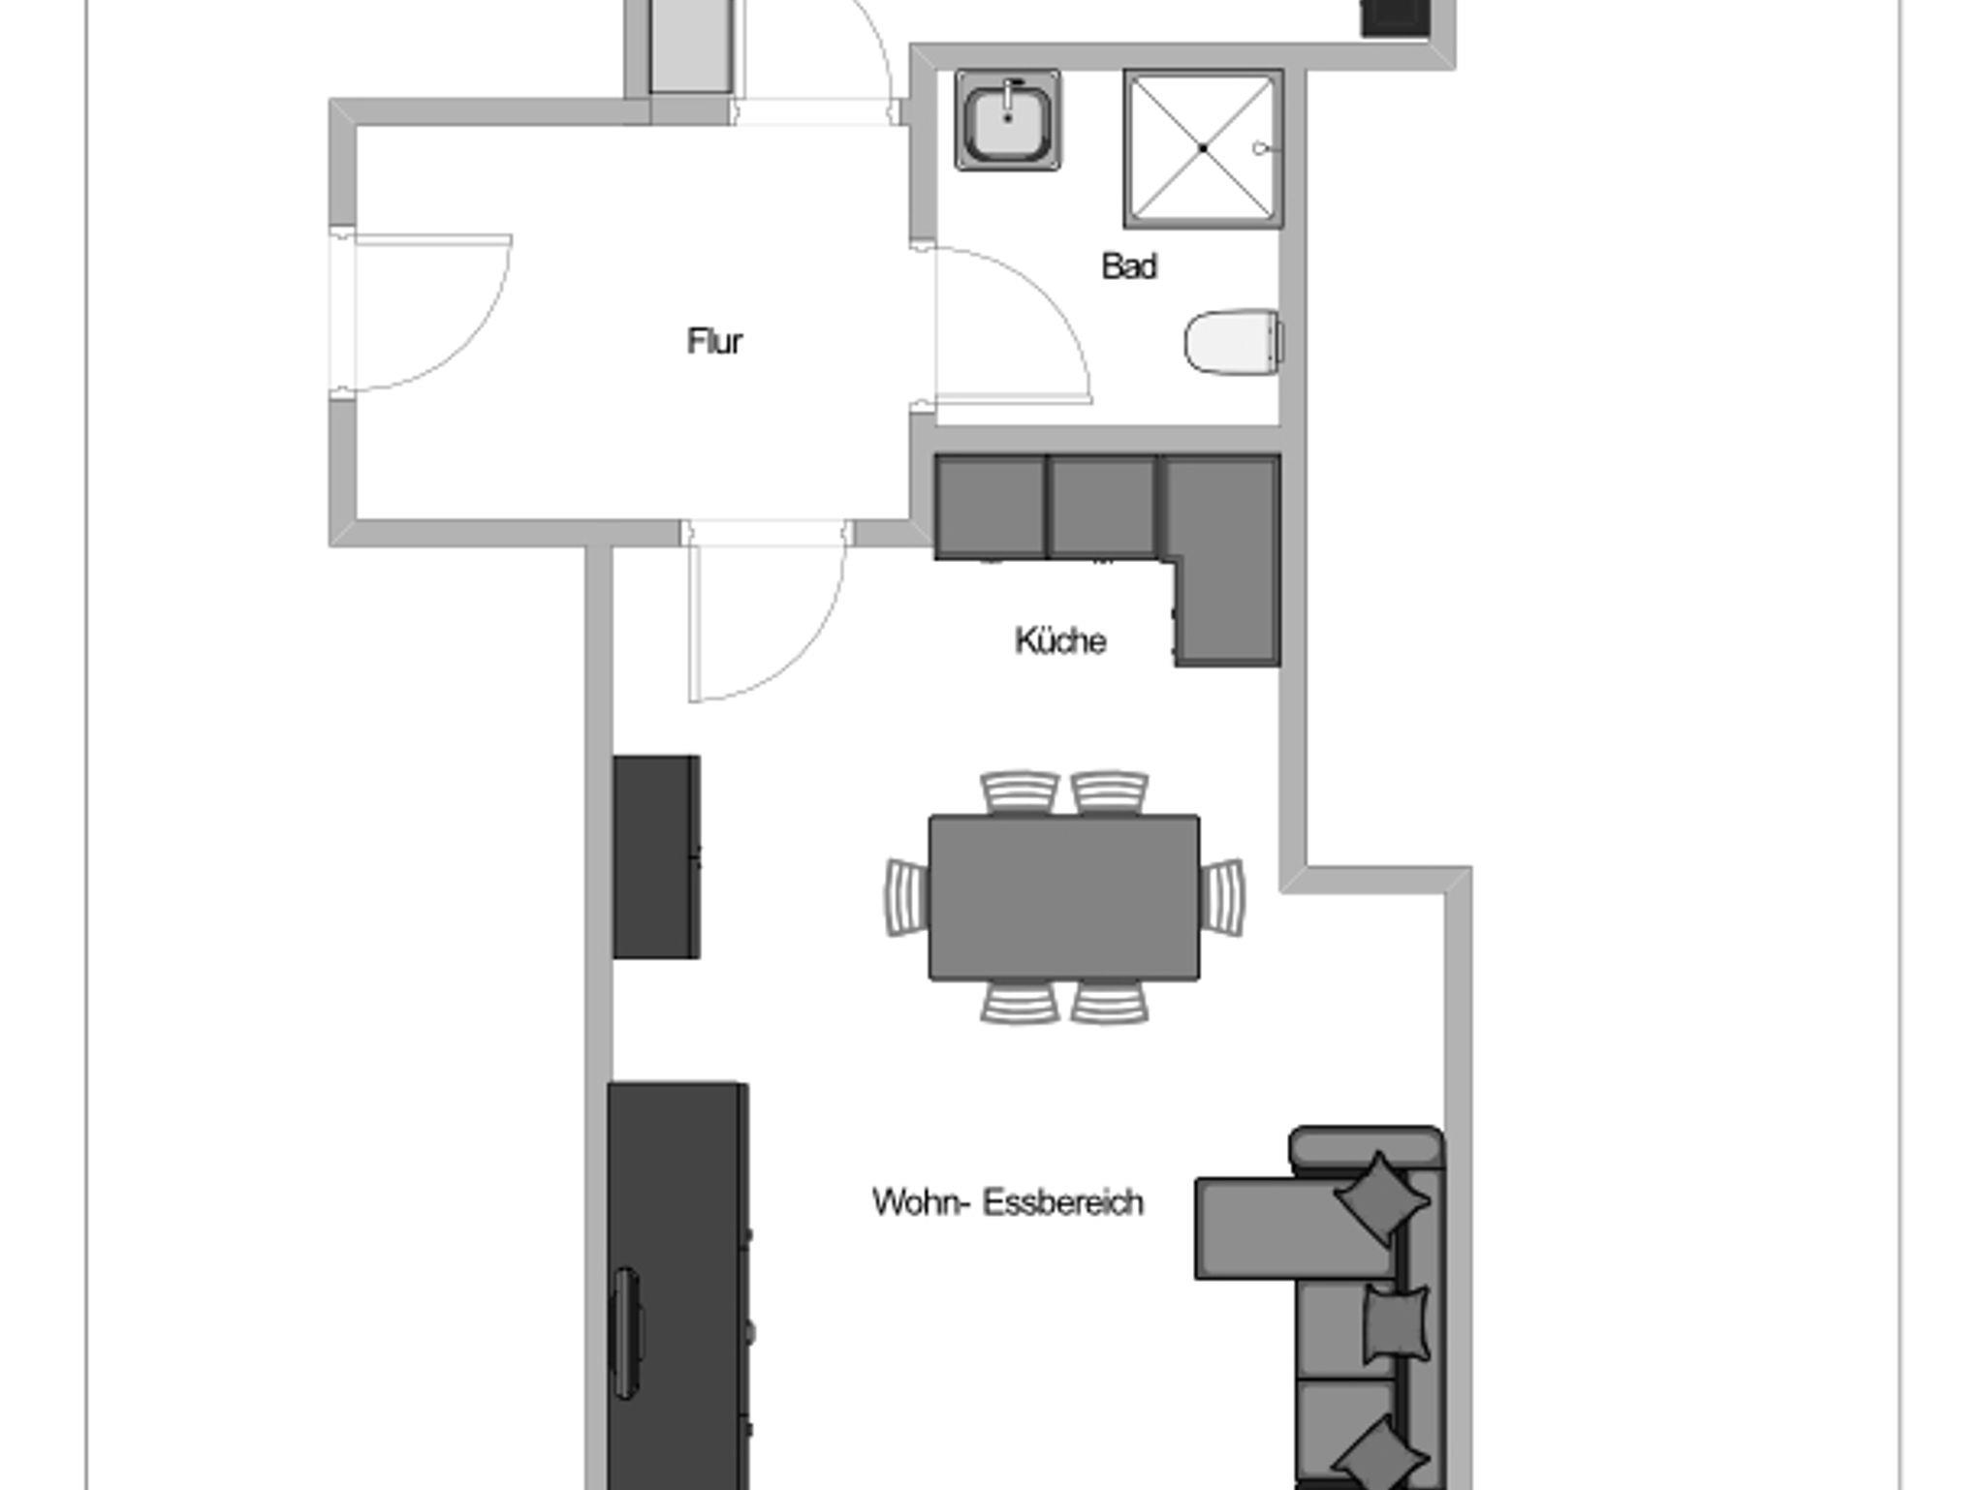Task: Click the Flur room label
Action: coord(714,341)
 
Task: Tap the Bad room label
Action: coord(1129,266)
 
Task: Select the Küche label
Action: coord(1060,640)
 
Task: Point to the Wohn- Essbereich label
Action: coord(1008,1202)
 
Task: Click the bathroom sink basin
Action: coord(1008,121)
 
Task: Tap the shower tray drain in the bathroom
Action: coord(1203,148)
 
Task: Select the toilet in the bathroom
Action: coord(1234,341)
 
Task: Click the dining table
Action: coord(1064,897)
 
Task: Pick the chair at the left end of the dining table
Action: coord(906,897)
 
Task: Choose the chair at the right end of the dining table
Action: coord(1222,897)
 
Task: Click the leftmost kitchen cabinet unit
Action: coord(991,507)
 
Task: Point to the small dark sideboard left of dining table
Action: coord(656,857)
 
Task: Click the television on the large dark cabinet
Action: coord(627,1332)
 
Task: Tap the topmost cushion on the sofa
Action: coord(1382,1197)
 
